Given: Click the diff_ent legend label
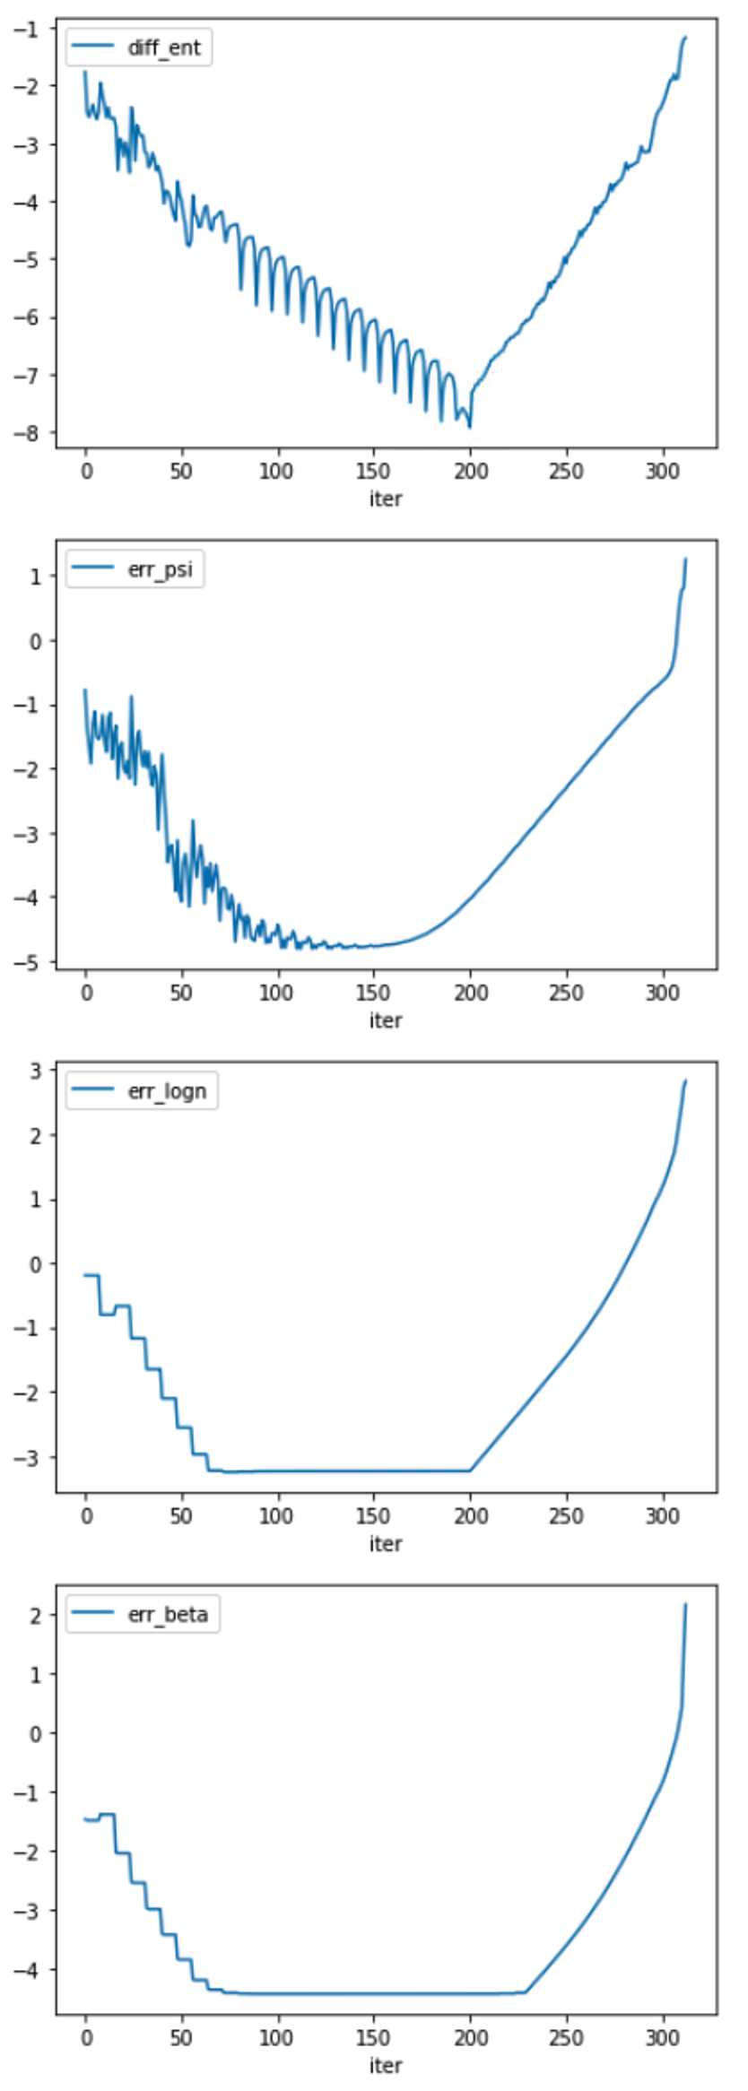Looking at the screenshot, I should [164, 48].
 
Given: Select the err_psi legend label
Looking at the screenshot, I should [160, 569].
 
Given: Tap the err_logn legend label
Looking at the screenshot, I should [167, 1091].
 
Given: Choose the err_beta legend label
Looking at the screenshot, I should [168, 1614].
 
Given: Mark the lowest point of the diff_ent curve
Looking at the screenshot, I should [470, 427].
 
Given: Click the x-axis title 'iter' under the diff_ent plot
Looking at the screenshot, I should [386, 499].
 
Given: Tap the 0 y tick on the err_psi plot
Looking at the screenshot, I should [36, 641].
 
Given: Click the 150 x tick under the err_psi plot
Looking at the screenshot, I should [373, 993].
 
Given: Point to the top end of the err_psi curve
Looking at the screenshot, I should [685, 559].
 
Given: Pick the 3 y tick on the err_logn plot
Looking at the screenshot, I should [36, 1070].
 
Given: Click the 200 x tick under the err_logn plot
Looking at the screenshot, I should [470, 1515].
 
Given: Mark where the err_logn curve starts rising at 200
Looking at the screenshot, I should [470, 1471].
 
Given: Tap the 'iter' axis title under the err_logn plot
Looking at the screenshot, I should [386, 1543].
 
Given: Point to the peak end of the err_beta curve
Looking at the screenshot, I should [685, 1604].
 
